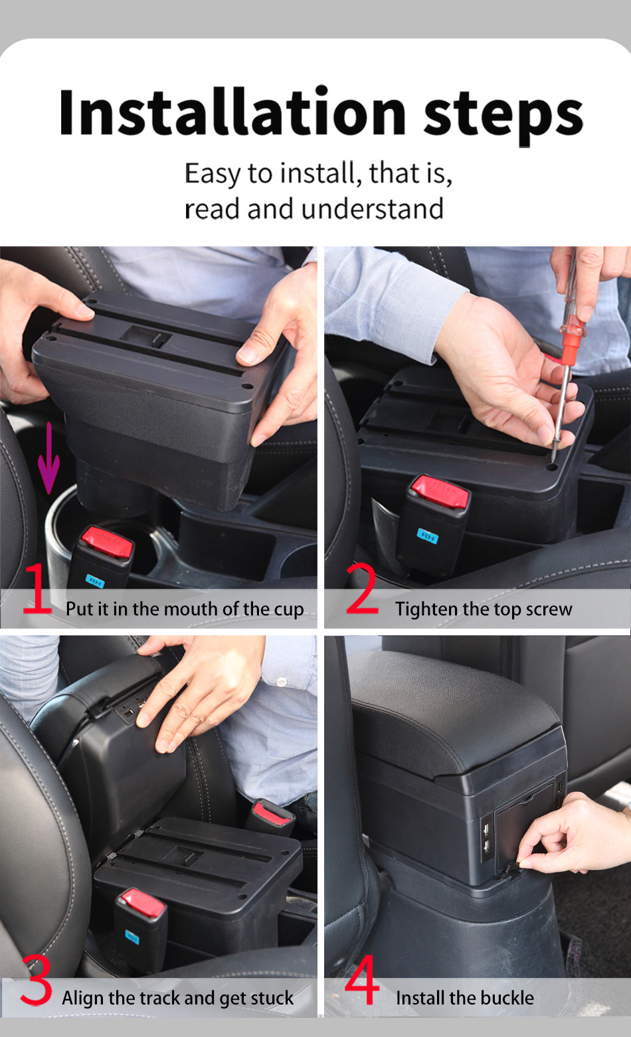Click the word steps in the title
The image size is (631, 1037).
point(503,118)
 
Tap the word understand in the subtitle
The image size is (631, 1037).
point(373,208)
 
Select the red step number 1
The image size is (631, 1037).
point(37,588)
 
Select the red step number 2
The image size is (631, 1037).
point(362,588)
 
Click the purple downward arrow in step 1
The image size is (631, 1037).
point(48,457)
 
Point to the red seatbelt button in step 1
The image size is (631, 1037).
point(107,541)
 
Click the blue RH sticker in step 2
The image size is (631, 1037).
point(427,536)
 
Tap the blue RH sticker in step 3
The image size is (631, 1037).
point(132,937)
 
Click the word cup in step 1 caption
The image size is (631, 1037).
point(289,609)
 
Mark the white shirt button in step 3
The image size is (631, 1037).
point(282,681)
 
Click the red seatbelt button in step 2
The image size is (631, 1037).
point(440,490)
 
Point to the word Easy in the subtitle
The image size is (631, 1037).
point(213,173)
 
